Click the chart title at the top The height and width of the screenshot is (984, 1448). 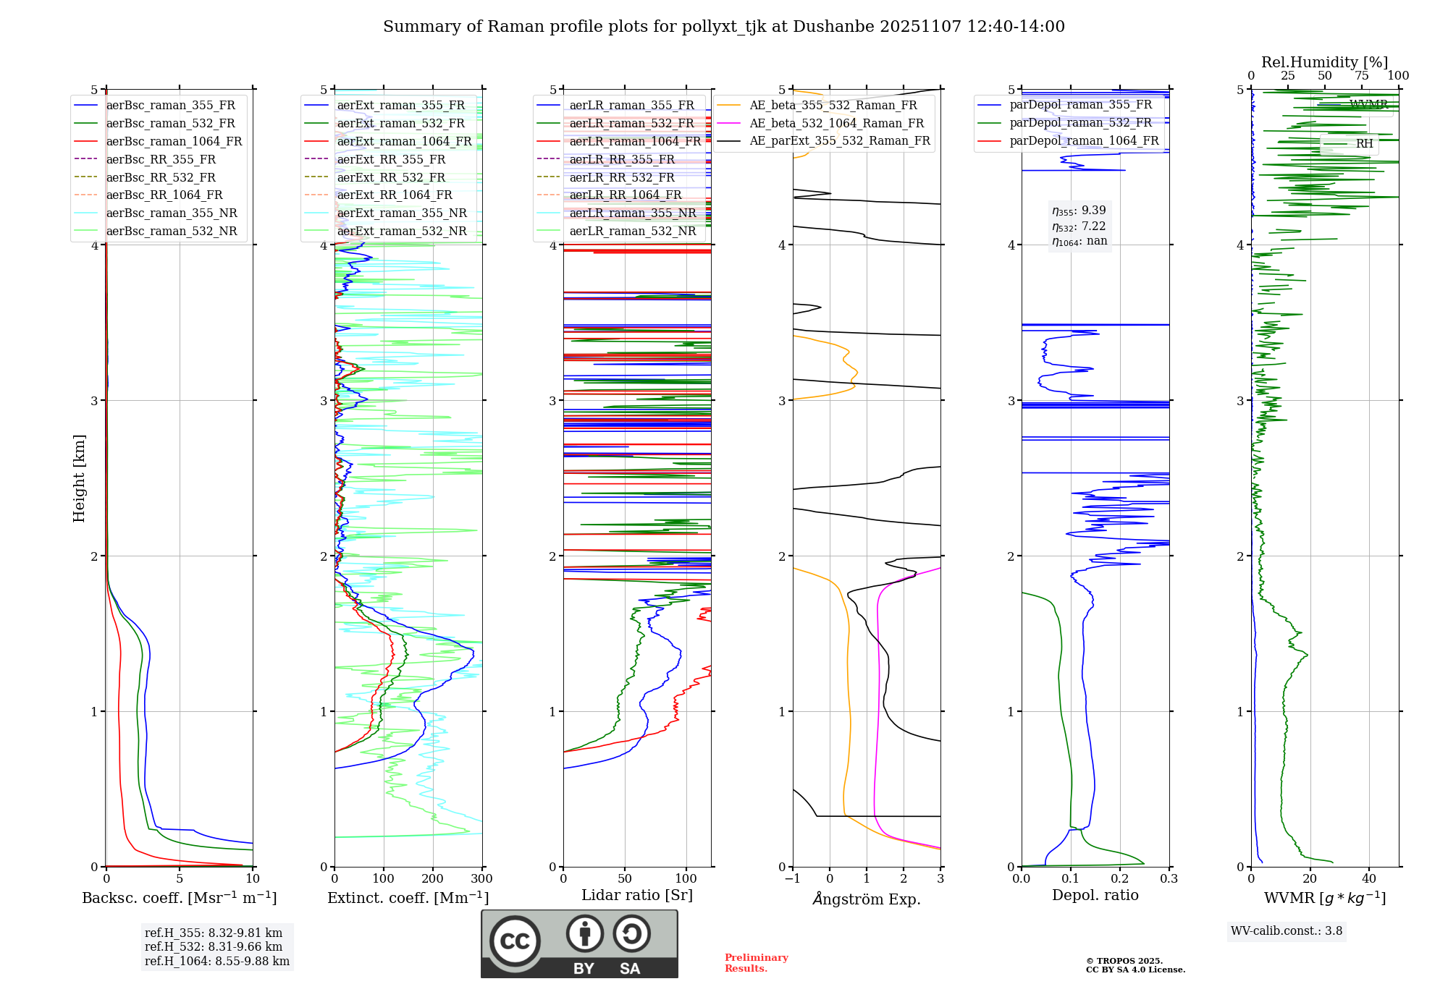click(x=723, y=27)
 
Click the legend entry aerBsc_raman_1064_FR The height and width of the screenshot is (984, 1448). click(x=174, y=141)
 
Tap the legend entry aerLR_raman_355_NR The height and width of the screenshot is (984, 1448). click(x=632, y=213)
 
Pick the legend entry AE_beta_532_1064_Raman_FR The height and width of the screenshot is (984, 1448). click(x=836, y=123)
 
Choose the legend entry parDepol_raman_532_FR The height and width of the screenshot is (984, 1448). click(x=1080, y=123)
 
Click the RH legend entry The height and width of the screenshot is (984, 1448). click(x=1364, y=143)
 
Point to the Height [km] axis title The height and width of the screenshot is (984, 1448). click(x=79, y=478)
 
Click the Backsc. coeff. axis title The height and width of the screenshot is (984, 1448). click(x=179, y=898)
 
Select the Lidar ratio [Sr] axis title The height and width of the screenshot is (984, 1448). click(x=636, y=895)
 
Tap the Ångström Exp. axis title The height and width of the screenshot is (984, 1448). click(x=867, y=899)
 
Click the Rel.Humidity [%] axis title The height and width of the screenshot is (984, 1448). click(x=1324, y=62)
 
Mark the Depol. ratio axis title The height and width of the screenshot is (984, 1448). click(x=1095, y=895)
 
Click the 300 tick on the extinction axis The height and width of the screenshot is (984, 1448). click(x=481, y=879)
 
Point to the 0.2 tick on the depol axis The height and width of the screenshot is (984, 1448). click(x=1119, y=879)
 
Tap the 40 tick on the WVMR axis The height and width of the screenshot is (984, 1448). click(x=1368, y=879)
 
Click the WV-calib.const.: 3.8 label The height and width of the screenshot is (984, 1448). click(x=1286, y=930)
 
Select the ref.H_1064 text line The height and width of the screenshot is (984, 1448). click(x=216, y=961)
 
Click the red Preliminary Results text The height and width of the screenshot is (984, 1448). click(x=756, y=962)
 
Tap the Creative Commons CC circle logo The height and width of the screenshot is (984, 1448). click(x=515, y=941)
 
